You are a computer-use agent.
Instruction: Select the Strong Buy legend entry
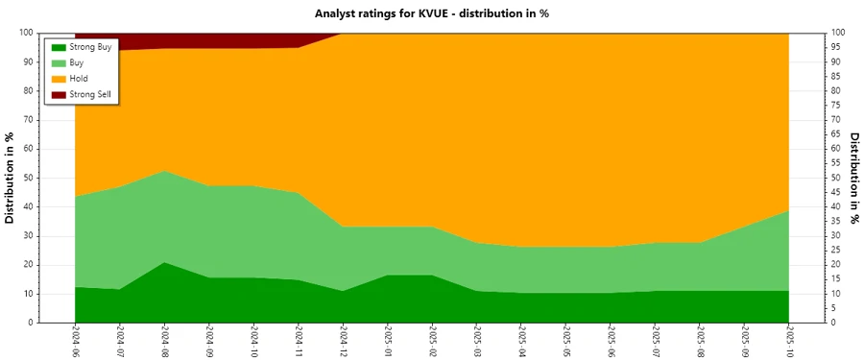click(x=89, y=47)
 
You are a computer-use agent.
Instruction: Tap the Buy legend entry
click(x=78, y=62)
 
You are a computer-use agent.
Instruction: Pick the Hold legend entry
click(x=79, y=79)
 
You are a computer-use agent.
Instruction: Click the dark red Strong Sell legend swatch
click(x=59, y=94)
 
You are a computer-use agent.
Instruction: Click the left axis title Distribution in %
click(x=11, y=178)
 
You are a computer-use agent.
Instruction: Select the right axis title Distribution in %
click(x=853, y=178)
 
